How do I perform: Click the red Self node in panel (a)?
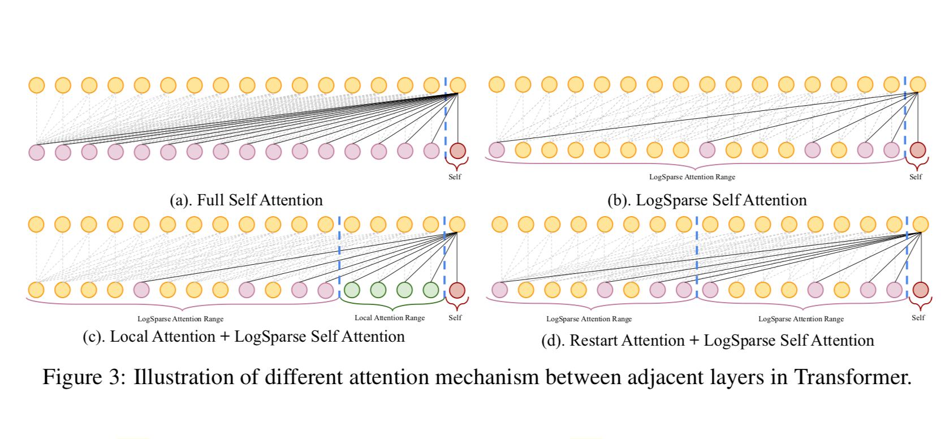[x=457, y=151]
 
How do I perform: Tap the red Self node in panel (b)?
[x=918, y=150]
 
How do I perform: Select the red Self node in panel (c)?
[x=457, y=290]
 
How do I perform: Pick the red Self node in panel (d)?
[x=921, y=290]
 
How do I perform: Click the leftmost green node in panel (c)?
[x=352, y=290]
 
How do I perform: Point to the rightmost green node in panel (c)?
[x=431, y=290]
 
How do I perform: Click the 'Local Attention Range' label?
[x=390, y=318]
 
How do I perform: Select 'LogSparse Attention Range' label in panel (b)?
[x=692, y=177]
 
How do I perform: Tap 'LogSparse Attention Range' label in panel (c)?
[x=180, y=319]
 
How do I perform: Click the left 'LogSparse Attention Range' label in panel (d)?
[x=589, y=319]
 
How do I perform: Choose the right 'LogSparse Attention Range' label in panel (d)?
[x=801, y=319]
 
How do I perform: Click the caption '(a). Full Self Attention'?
[x=246, y=200]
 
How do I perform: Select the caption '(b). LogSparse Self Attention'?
[x=706, y=200]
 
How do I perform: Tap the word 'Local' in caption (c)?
[x=129, y=337]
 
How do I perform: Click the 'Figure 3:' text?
[x=84, y=377]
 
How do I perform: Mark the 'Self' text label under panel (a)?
[x=455, y=177]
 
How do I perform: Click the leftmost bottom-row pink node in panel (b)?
[x=497, y=150]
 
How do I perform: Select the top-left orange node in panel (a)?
[x=37, y=85]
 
